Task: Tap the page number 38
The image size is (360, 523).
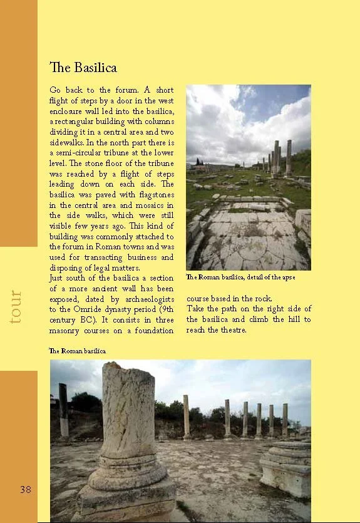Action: (26, 490)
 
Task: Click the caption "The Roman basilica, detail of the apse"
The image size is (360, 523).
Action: (240, 277)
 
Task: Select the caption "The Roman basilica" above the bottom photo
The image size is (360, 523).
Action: (78, 351)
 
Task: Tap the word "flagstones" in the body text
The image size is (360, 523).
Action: (153, 194)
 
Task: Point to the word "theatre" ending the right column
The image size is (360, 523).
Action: (234, 330)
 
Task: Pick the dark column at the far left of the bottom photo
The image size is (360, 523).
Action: (63, 410)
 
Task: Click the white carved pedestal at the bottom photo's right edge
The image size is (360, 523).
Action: (286, 466)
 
